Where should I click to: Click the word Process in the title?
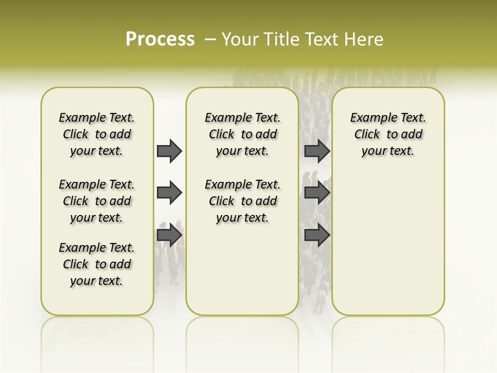[160, 39]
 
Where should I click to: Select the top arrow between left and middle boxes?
[169, 151]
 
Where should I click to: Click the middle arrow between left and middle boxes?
[169, 193]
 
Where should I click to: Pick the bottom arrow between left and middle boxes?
[169, 235]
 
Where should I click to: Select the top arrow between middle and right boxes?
[317, 151]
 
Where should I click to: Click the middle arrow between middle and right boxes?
[317, 193]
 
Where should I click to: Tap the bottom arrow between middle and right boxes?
[317, 235]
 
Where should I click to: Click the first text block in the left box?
[97, 134]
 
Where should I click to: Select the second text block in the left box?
[97, 201]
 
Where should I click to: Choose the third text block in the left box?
[97, 264]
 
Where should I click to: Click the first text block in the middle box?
[242, 134]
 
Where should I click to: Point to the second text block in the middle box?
[242, 201]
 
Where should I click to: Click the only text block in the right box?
[388, 134]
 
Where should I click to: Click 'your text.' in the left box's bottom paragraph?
[96, 281]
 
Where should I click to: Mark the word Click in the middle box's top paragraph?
[222, 135]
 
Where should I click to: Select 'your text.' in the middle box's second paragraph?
[242, 218]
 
